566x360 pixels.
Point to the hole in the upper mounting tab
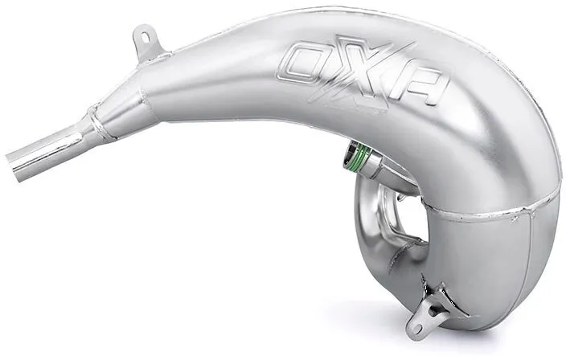coord(146,37)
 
